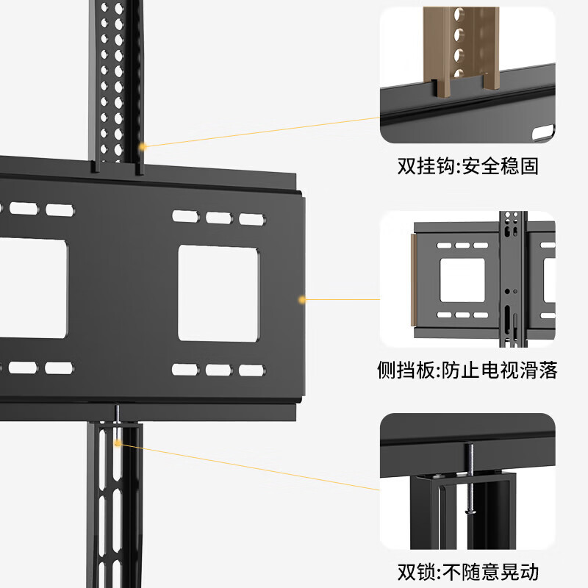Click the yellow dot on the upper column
tap(143, 146)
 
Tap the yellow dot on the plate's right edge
tap(301, 299)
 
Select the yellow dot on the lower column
tap(117, 443)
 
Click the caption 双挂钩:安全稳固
tap(468, 166)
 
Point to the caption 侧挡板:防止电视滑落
tap(477, 370)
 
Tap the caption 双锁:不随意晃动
tap(472, 570)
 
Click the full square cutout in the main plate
tap(220, 293)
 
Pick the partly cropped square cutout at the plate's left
tap(34, 288)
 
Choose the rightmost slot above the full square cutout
tap(251, 218)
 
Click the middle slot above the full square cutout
tap(218, 218)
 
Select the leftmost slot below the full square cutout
tap(185, 369)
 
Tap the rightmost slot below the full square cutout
tap(251, 369)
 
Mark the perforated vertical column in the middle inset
tap(512, 279)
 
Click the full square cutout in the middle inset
tap(462, 280)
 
